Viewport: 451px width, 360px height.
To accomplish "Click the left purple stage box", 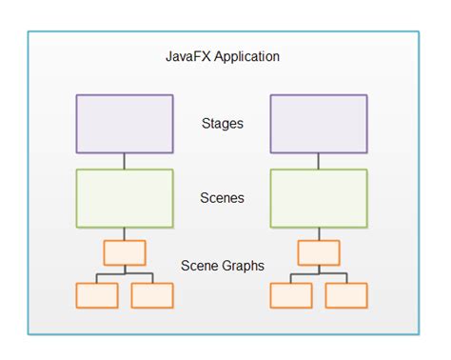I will [125, 124].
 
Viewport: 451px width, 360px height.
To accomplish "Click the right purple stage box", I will [319, 124].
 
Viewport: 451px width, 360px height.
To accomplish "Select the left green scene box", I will [125, 198].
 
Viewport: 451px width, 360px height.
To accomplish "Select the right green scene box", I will [319, 198].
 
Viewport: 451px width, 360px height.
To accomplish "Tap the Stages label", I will [222, 122].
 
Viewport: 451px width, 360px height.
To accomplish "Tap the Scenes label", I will [222, 198].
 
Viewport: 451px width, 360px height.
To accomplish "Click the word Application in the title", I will [245, 57].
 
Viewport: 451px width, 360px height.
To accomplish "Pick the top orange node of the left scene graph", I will [125, 252].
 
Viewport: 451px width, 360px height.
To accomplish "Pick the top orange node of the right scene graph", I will [319, 252].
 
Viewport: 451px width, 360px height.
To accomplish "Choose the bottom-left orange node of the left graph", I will [97, 295].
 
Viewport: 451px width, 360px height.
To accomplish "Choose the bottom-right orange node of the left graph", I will [152, 295].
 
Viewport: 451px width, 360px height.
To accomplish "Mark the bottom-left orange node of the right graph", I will [291, 295].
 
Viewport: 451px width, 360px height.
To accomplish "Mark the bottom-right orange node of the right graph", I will [346, 295].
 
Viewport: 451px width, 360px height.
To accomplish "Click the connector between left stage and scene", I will [125, 161].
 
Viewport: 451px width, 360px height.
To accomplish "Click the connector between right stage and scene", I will [319, 161].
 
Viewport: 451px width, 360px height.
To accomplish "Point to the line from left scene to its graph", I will [125, 233].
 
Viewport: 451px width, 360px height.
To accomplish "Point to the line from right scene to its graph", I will [319, 233].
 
